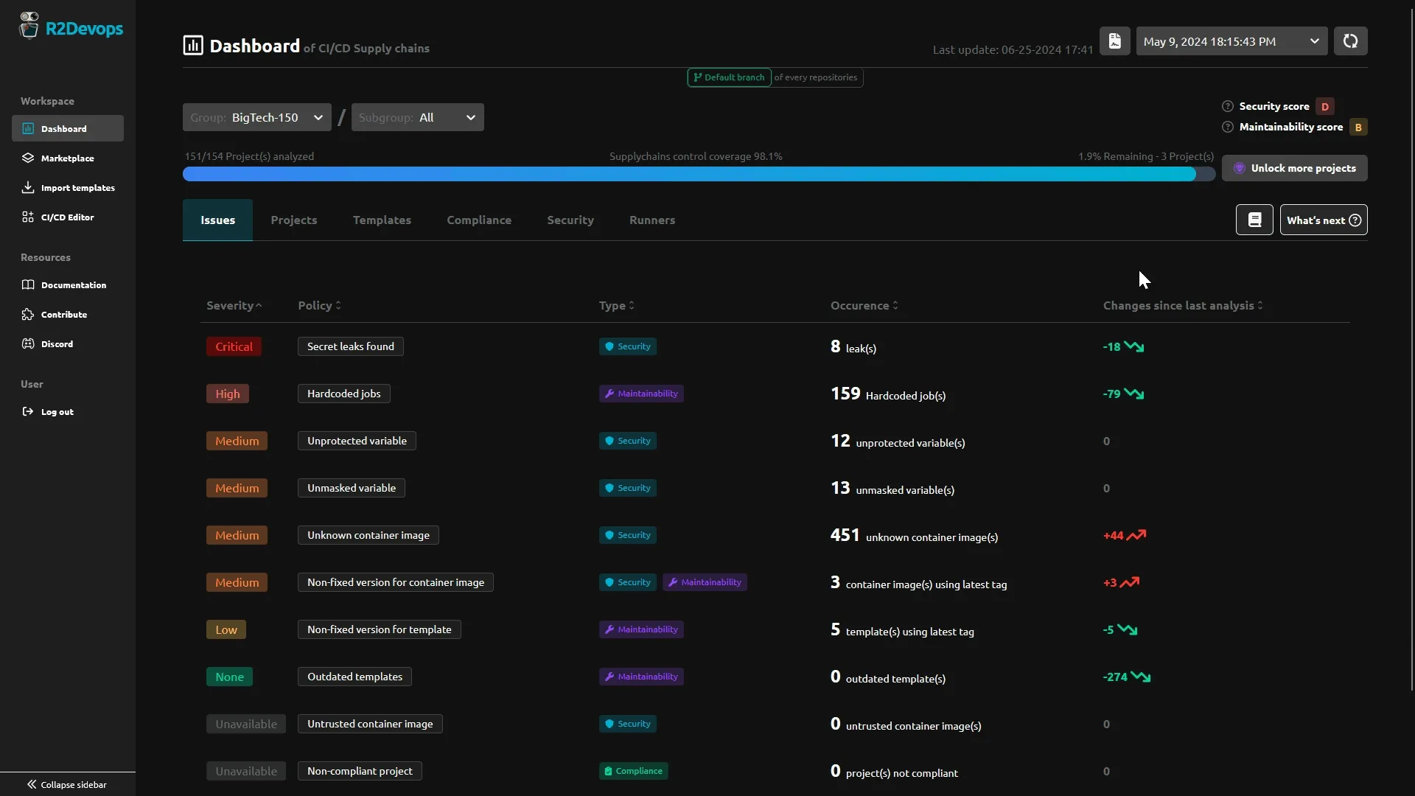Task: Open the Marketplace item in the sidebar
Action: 67,158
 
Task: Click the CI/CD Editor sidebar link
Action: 67,217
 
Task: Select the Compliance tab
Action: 478,220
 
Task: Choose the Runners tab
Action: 651,220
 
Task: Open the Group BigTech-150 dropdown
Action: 256,118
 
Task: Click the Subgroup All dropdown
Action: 417,118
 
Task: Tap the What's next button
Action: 1323,220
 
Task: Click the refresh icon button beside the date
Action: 1350,41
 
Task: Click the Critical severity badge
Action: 234,347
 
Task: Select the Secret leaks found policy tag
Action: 350,347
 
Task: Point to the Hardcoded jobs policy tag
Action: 343,394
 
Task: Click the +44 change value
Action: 1113,536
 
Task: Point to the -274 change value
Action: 1115,677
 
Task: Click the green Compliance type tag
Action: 633,772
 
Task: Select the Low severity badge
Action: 226,630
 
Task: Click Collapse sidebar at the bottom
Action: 67,785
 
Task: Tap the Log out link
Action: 57,412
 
